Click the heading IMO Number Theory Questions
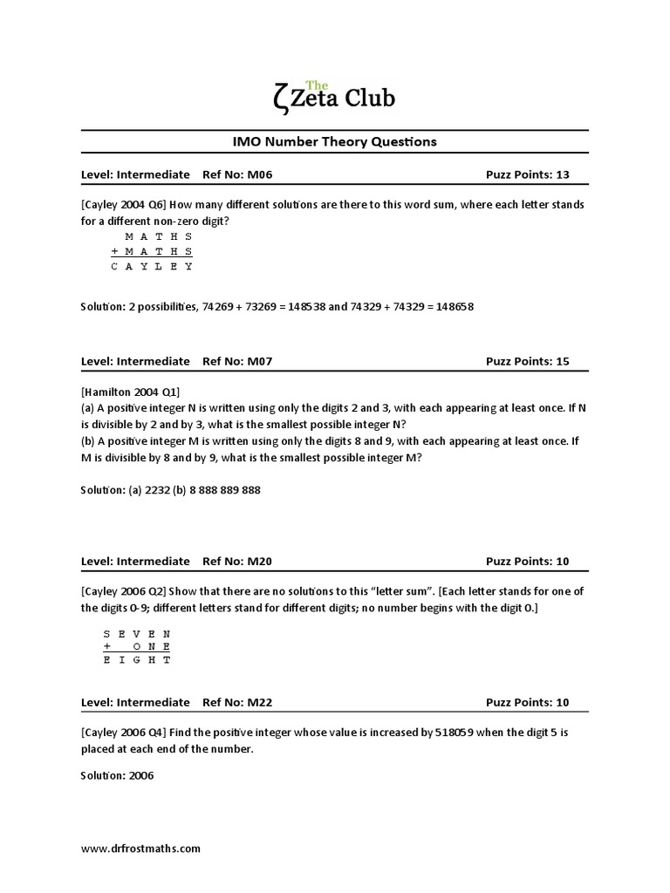(334, 141)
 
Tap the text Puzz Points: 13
(527, 174)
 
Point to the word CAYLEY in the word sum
(152, 267)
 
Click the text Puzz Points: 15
(527, 361)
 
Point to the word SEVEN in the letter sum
(137, 633)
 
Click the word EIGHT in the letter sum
(137, 660)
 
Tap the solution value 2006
(140, 775)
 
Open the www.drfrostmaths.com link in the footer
(141, 848)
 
